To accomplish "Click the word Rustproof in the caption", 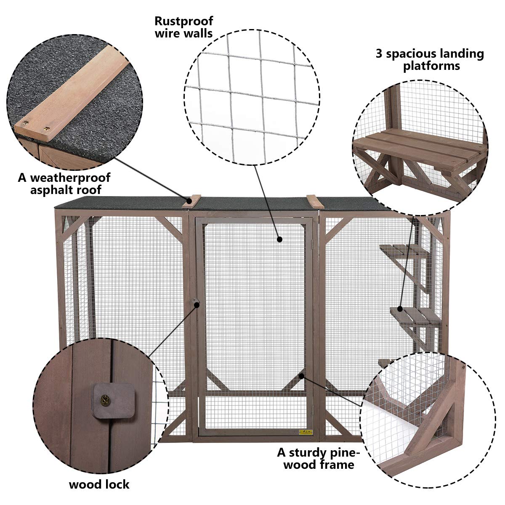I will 183,21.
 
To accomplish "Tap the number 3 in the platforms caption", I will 379,54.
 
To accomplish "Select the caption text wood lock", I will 99,484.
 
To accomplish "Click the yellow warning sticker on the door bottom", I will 306,432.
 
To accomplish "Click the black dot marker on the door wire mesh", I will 279,239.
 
